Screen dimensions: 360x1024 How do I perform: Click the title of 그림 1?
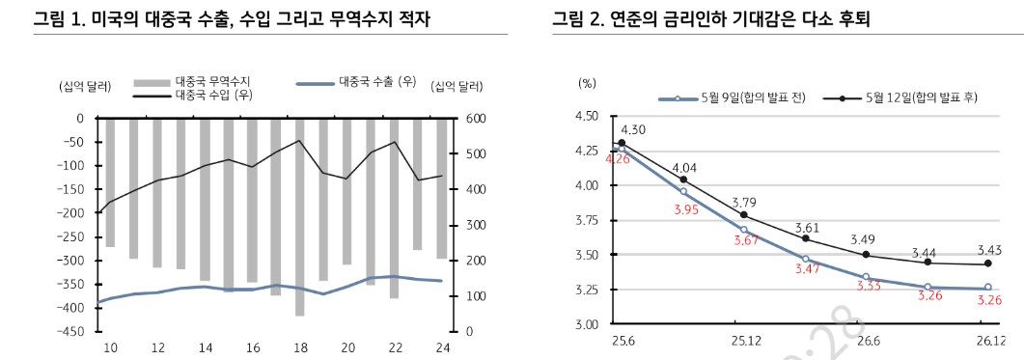click(232, 19)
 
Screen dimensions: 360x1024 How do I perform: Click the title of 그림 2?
click(711, 19)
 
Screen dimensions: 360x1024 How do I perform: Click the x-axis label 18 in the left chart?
click(299, 347)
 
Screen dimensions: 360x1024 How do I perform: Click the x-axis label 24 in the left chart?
click(442, 347)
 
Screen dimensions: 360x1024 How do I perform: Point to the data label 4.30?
click(633, 129)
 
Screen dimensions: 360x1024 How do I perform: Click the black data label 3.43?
click(988, 248)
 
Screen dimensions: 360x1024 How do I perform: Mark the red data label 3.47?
click(806, 269)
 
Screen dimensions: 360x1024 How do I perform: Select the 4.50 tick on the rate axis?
click(586, 117)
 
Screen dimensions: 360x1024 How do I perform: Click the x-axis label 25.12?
click(745, 341)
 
